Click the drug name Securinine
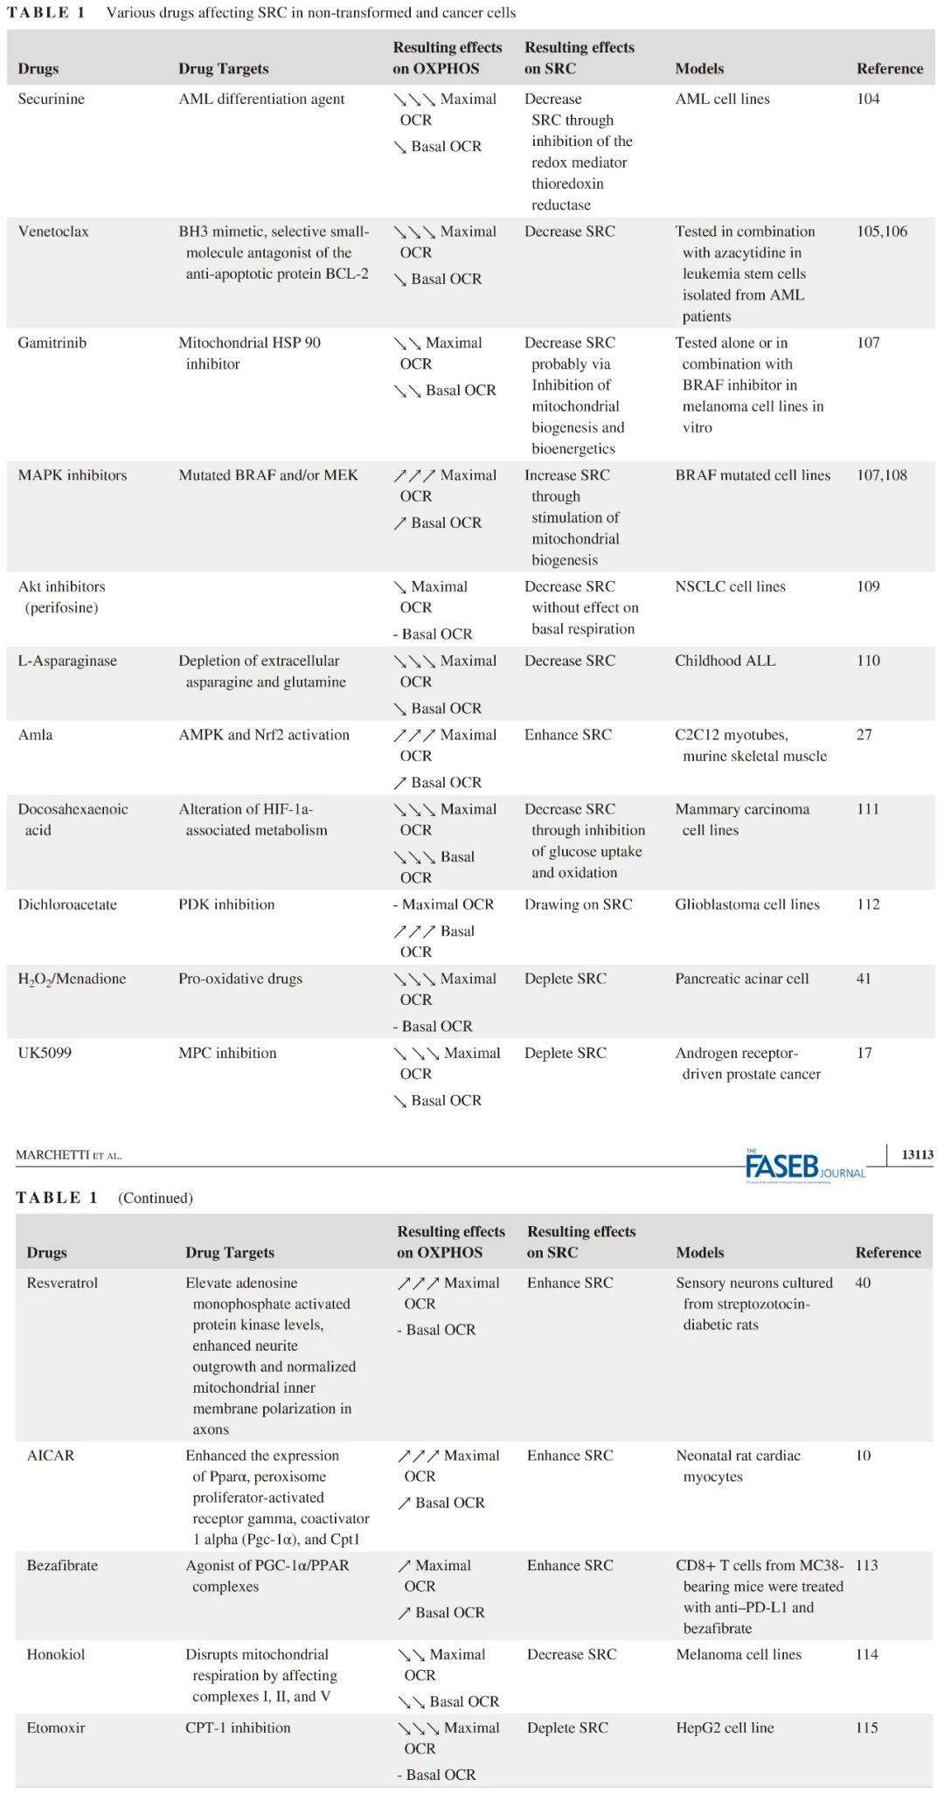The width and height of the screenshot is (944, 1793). click(51, 99)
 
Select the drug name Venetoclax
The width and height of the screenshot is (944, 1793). click(53, 232)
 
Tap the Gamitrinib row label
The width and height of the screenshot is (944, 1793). click(52, 343)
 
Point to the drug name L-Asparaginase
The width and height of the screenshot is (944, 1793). click(67, 661)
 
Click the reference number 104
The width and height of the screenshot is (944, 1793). click(868, 99)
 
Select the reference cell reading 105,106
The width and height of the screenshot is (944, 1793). click(881, 232)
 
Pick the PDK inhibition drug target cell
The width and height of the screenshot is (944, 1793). click(226, 904)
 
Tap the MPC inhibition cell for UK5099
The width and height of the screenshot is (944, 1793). click(227, 1053)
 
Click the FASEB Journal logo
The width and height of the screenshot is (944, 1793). click(804, 1166)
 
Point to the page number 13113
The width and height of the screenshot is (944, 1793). click(917, 1154)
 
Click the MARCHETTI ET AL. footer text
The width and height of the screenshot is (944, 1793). click(68, 1155)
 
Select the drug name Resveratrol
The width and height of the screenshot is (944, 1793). click(62, 1283)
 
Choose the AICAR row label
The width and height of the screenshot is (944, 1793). click(51, 1456)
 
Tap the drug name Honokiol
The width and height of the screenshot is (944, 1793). click(56, 1654)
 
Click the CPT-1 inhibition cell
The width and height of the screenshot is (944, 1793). click(238, 1727)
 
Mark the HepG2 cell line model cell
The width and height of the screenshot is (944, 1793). click(725, 1727)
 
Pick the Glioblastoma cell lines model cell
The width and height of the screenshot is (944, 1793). click(747, 904)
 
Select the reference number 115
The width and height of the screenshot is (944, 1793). click(866, 1727)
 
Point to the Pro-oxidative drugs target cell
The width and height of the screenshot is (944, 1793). click(240, 979)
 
